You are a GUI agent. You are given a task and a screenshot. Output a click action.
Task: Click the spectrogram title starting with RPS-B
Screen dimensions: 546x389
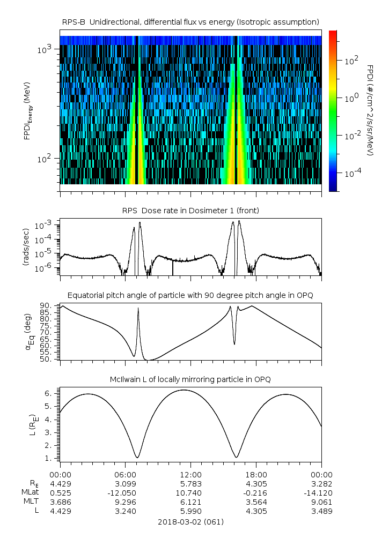(190, 21)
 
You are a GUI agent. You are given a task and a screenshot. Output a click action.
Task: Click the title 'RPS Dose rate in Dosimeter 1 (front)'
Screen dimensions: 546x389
(190, 211)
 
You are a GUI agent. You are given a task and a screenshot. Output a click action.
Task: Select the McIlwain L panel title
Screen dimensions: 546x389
(190, 379)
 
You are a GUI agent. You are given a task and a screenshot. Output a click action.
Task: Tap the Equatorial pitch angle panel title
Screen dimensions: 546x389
(190, 295)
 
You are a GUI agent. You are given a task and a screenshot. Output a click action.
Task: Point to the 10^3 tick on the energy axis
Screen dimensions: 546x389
(44, 50)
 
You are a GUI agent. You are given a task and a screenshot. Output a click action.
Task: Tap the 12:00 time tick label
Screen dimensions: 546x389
(190, 475)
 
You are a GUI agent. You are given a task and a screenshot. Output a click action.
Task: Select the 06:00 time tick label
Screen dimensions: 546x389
(125, 475)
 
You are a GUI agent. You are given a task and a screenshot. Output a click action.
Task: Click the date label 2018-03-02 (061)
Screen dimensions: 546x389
(190, 522)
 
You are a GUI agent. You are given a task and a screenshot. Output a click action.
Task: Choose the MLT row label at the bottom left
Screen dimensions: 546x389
(28, 502)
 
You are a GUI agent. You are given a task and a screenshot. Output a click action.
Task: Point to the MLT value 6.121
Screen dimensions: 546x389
(190, 502)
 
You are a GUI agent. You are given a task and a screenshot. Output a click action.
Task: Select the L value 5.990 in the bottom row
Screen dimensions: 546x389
(190, 511)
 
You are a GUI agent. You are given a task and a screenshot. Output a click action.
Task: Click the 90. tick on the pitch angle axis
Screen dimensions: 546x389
(47, 305)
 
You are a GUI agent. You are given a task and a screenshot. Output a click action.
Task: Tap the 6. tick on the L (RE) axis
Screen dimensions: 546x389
(49, 393)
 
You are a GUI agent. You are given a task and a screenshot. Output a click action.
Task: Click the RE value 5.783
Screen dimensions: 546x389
(190, 484)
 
